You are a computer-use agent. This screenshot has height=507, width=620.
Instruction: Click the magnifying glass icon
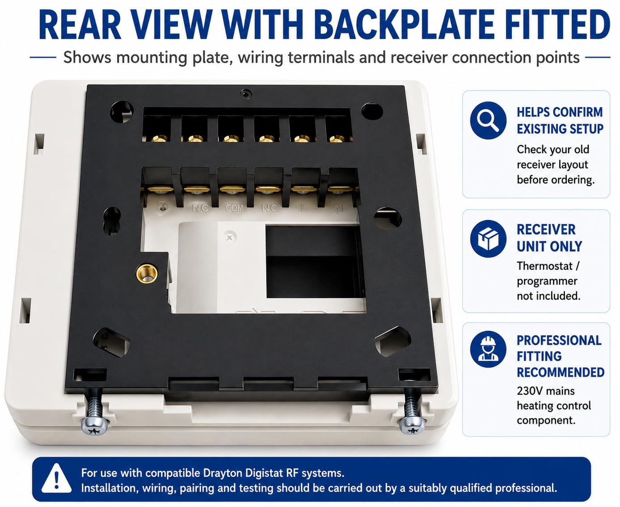tap(488, 120)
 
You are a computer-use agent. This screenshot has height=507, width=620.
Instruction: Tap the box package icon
tap(488, 238)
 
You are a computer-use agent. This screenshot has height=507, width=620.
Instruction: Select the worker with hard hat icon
tap(488, 349)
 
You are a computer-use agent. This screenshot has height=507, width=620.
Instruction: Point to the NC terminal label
tap(200, 208)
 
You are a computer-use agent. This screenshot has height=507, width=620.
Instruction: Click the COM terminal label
tap(234, 208)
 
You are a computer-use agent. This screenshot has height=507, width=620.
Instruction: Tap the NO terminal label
tap(270, 208)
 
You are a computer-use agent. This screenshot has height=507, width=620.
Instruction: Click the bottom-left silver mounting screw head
tap(95, 426)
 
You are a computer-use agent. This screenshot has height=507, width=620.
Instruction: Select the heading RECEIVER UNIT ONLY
tap(549, 238)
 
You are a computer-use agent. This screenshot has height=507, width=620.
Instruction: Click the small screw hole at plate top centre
tap(245, 94)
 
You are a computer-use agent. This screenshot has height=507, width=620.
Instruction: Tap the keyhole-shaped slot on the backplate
tap(112, 220)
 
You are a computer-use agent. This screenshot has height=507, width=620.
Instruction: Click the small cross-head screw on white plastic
tap(230, 237)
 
